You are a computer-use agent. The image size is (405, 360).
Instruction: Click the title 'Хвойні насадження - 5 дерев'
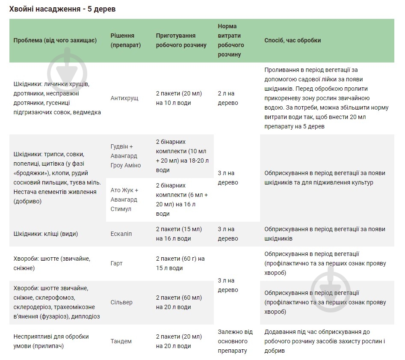pyautogui.click(x=62, y=9)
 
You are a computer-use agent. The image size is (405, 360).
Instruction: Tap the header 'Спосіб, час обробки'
pyautogui.click(x=293, y=40)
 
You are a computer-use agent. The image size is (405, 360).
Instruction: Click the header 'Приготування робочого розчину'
pyautogui.click(x=181, y=40)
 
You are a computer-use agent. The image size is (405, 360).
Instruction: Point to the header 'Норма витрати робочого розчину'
pyautogui.click(x=231, y=40)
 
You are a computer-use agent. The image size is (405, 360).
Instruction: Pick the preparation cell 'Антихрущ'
pyautogui.click(x=124, y=98)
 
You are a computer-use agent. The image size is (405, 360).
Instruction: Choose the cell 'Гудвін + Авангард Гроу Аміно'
pyautogui.click(x=126, y=156)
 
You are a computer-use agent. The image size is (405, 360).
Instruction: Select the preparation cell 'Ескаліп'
pyautogui.click(x=121, y=234)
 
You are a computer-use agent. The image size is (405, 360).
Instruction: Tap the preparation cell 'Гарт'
pyautogui.click(x=117, y=263)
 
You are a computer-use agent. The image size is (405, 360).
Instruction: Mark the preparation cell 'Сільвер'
pyautogui.click(x=121, y=302)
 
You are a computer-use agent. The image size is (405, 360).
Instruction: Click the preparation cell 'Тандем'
pyautogui.click(x=121, y=341)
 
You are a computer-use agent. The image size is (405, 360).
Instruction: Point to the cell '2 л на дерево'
pyautogui.click(x=228, y=98)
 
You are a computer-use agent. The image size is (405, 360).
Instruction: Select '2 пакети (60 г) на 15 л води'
pyautogui.click(x=180, y=263)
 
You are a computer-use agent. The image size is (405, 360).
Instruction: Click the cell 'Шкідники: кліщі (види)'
pyautogui.click(x=46, y=234)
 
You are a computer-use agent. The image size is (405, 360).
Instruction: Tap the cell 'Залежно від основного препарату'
pyautogui.click(x=235, y=341)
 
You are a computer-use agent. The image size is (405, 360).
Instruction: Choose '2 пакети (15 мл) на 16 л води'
pyautogui.click(x=179, y=234)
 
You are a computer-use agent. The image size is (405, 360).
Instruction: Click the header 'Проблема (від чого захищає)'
pyautogui.click(x=55, y=40)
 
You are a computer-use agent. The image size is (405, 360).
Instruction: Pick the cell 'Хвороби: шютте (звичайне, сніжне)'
pyautogui.click(x=52, y=263)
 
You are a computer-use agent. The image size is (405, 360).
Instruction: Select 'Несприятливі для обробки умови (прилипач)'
pyautogui.click(x=51, y=341)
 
